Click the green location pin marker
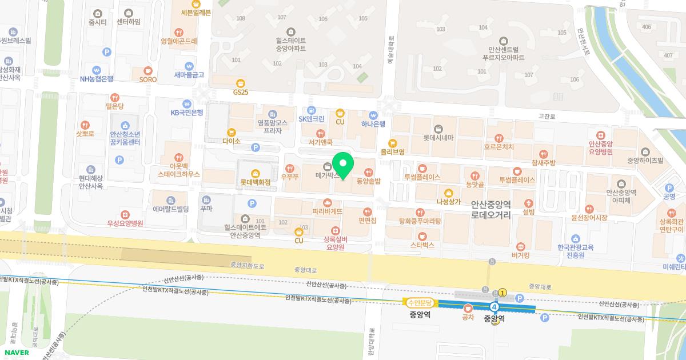click(343, 166)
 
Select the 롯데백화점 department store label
click(254, 183)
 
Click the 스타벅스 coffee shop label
click(422, 245)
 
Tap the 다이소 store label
click(232, 140)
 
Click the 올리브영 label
click(393, 152)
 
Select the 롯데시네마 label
click(438, 137)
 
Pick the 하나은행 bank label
click(373, 123)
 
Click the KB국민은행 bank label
click(187, 112)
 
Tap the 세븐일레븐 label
click(196, 12)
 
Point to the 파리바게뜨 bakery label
click(327, 211)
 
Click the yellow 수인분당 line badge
click(420, 302)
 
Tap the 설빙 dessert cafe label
click(528, 211)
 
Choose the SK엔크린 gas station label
click(312, 119)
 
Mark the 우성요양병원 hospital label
click(125, 223)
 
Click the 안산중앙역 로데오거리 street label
click(491, 210)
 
